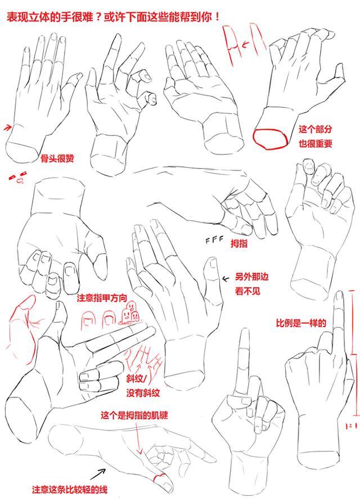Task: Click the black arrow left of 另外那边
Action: tap(226, 278)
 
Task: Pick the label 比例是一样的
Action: tap(301, 323)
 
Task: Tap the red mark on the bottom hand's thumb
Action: tap(160, 479)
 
